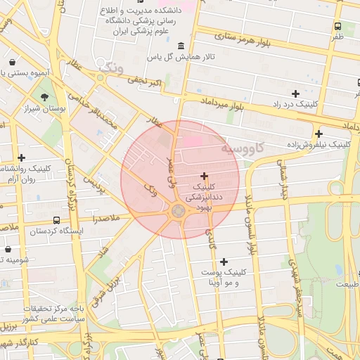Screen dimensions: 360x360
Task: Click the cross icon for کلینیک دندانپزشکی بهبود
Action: point(205,176)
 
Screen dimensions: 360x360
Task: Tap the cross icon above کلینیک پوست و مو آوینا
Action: point(224,262)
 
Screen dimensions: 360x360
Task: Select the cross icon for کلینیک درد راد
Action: point(295,94)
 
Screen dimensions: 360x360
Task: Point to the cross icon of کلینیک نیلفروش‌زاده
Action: point(319,134)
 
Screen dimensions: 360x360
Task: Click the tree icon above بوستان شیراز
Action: point(44,97)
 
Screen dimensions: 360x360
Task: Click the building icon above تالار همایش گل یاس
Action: point(181,46)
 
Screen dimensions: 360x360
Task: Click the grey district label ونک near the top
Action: point(111,68)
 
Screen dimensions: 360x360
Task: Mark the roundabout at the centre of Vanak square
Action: point(179,211)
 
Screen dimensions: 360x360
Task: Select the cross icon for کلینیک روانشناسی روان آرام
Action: point(22,158)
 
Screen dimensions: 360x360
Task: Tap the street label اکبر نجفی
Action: point(146,85)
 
